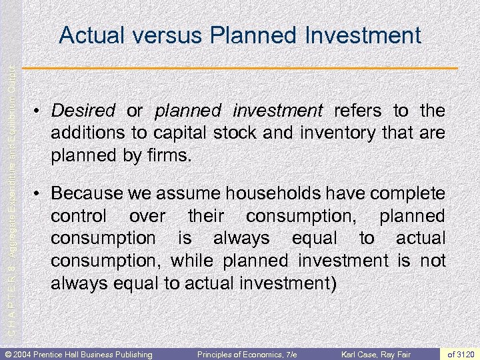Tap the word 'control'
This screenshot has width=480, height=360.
(78, 216)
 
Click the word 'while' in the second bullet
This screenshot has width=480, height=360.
(191, 261)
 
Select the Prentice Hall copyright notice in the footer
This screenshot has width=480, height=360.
(78, 353)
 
